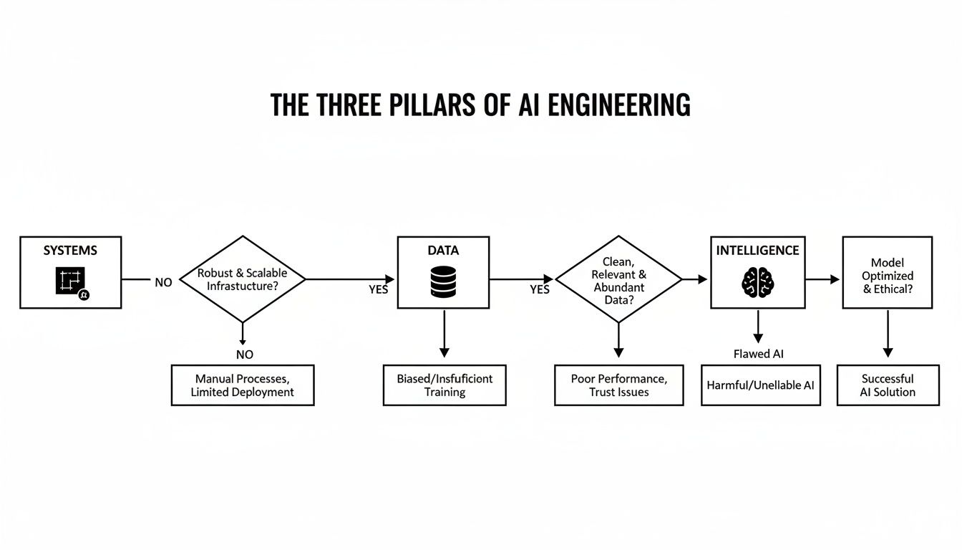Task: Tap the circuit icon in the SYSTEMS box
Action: (x=70, y=281)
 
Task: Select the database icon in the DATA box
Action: (x=443, y=281)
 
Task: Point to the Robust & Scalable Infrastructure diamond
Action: (x=242, y=279)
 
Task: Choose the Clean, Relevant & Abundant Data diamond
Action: (x=618, y=279)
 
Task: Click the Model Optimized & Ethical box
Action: (x=887, y=273)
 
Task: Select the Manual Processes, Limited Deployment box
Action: (x=242, y=385)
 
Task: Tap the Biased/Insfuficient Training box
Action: (x=444, y=385)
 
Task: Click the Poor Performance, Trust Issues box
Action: (x=618, y=385)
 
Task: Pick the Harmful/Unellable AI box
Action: (x=760, y=385)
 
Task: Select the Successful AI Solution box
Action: (x=888, y=385)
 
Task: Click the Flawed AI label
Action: (x=758, y=354)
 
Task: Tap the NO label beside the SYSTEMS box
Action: (x=163, y=283)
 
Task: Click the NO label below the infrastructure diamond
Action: (x=244, y=354)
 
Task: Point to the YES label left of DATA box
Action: (x=378, y=289)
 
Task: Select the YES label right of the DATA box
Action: (x=539, y=289)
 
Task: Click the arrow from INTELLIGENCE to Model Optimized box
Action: (x=824, y=279)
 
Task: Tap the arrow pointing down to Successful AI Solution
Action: (x=888, y=333)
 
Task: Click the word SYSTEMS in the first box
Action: (x=70, y=251)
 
